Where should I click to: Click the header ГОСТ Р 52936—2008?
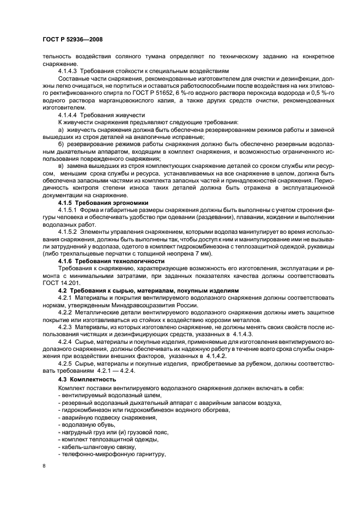(72, 39)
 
